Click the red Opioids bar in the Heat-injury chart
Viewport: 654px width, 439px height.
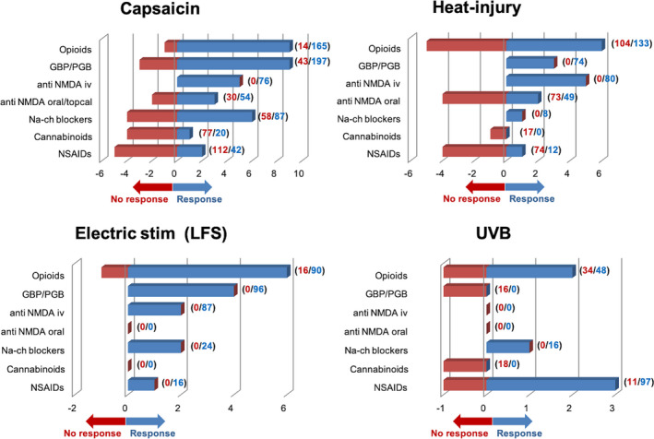pos(466,45)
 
